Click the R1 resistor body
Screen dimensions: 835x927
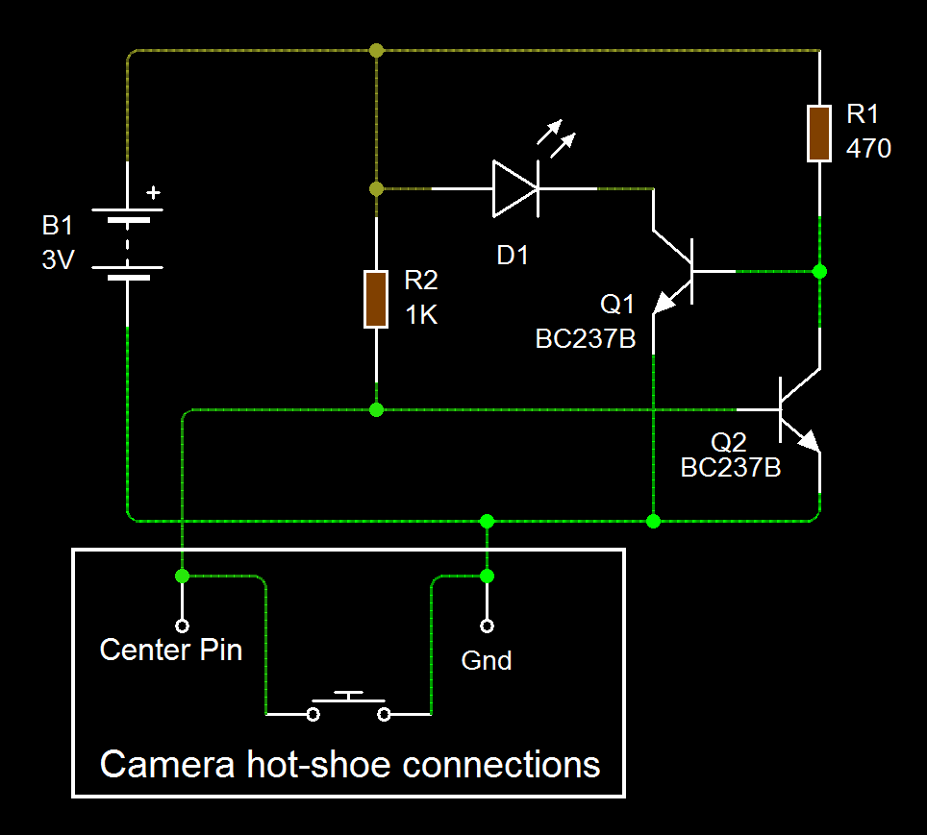click(818, 134)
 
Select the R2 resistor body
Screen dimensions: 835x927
click(376, 299)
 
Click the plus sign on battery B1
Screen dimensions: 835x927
click(153, 192)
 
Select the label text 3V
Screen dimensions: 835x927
click(58, 259)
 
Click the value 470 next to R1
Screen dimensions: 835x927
click(868, 149)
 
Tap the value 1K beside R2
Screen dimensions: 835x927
click(421, 314)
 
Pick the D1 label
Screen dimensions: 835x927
click(512, 256)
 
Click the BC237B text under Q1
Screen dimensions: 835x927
click(585, 339)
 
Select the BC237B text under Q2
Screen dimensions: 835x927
click(730, 468)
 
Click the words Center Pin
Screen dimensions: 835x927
click(171, 651)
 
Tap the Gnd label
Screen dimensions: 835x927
click(487, 661)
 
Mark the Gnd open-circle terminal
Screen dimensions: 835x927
click(487, 626)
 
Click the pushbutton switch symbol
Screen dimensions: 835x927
click(348, 707)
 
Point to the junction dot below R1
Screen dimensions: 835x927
click(819, 272)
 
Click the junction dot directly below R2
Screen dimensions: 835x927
click(376, 410)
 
